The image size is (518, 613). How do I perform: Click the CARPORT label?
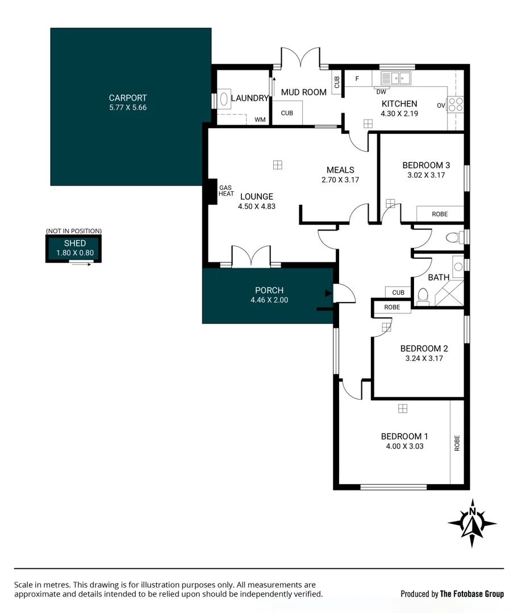tap(128, 98)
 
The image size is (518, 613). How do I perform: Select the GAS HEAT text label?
tap(226, 191)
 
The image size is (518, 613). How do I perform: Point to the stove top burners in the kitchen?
tap(456, 104)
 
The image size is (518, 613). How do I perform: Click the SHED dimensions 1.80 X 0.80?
tap(74, 253)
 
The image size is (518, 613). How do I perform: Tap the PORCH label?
tap(269, 291)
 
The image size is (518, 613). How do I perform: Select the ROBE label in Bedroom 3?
tap(440, 214)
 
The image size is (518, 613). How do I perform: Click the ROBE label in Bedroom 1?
tap(457, 443)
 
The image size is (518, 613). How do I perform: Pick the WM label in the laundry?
tap(260, 120)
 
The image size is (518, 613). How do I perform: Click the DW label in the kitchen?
tap(381, 91)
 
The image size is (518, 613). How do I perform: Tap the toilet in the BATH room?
tap(423, 296)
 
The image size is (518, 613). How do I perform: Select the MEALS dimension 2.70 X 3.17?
tap(340, 179)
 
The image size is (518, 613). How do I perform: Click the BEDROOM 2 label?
tap(424, 349)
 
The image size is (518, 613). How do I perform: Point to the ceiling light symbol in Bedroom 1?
tap(403, 409)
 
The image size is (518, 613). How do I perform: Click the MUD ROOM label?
tap(304, 92)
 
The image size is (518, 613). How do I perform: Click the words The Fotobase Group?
tap(471, 594)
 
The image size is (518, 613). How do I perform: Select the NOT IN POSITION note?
tap(74, 231)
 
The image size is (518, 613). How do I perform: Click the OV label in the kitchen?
tap(441, 106)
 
